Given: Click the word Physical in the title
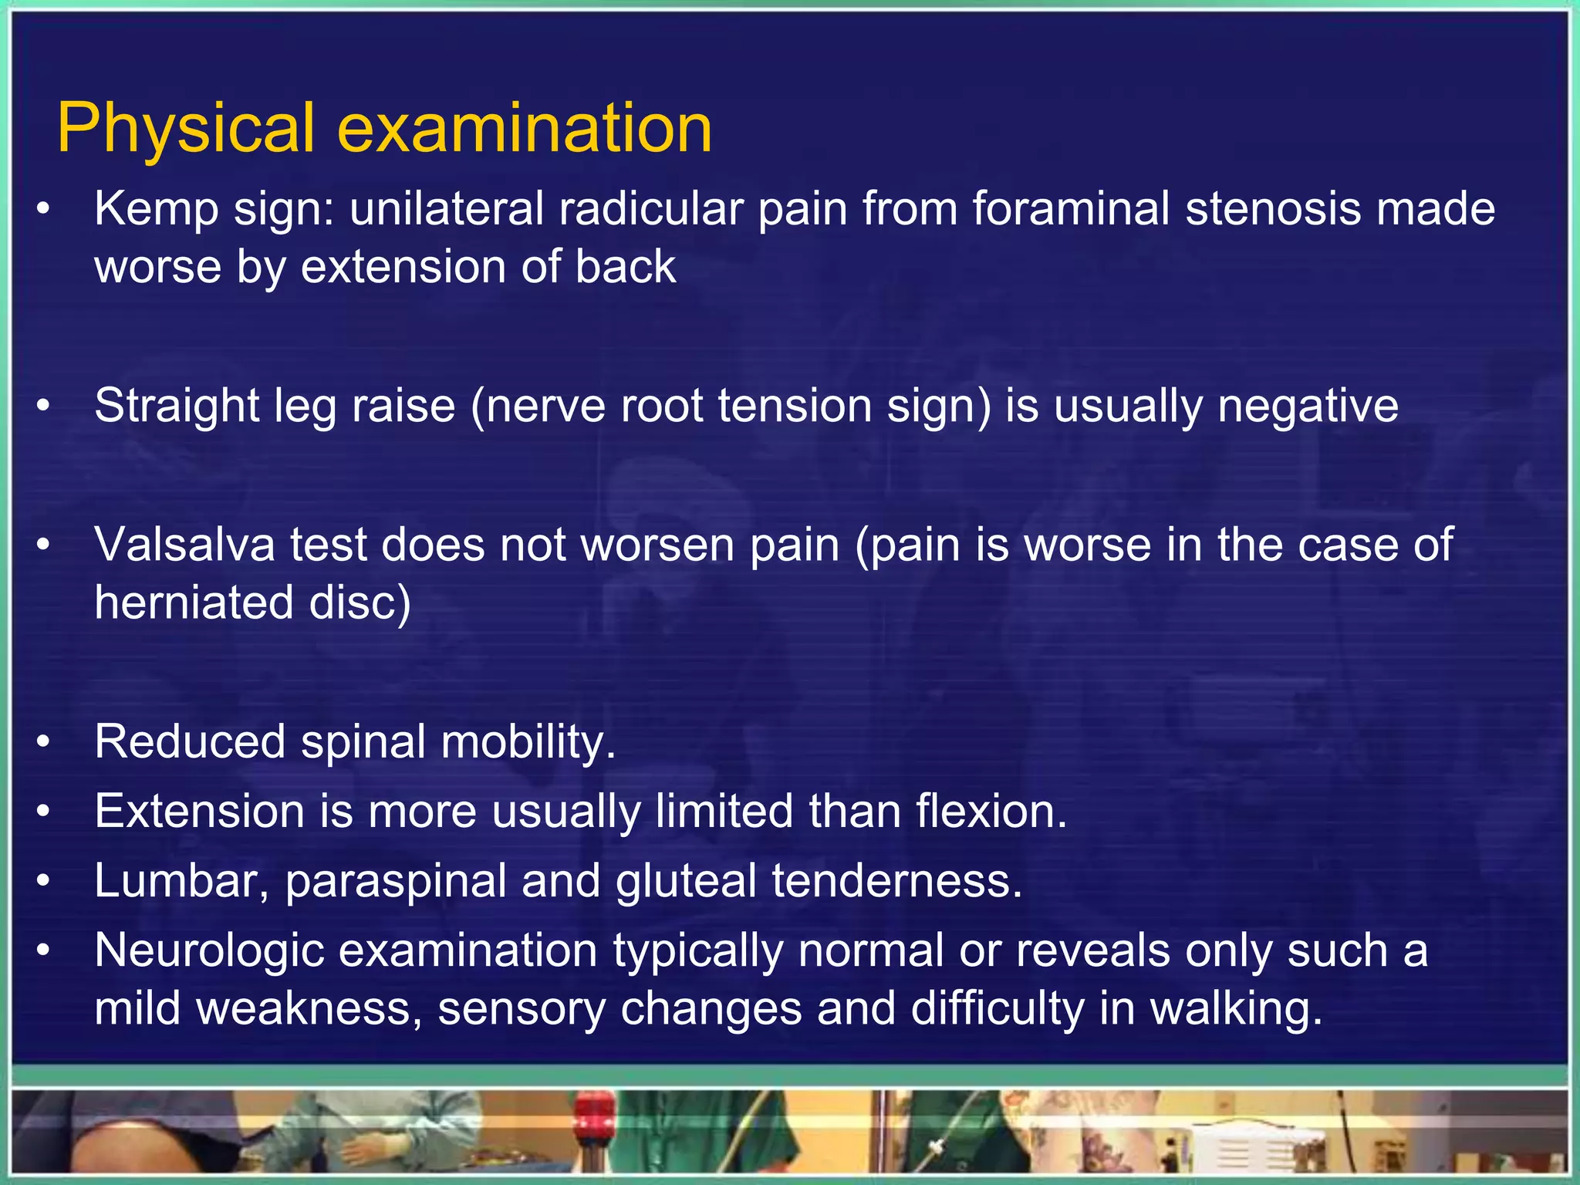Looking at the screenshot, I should click(x=186, y=129).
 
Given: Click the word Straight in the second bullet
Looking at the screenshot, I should click(x=177, y=406).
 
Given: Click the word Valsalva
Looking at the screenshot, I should click(x=184, y=545).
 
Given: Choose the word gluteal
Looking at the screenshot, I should click(x=686, y=881).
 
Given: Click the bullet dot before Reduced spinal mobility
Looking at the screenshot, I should click(x=44, y=742).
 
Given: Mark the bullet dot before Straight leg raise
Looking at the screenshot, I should click(x=44, y=406).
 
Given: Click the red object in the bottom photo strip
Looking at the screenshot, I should click(x=595, y=1112).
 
